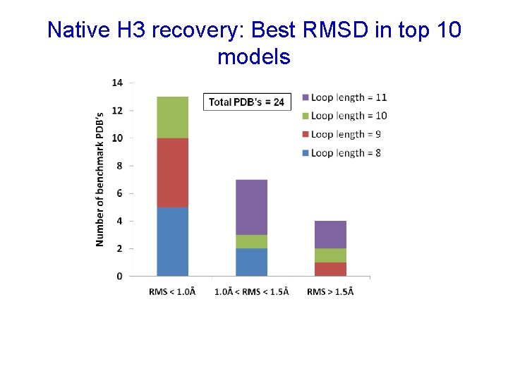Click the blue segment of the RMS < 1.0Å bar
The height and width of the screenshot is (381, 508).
pos(172,241)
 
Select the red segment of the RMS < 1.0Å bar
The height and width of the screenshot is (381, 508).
pos(172,172)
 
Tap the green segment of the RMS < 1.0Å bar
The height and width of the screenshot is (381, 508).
pos(172,117)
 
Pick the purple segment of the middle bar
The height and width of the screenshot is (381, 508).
pos(251,207)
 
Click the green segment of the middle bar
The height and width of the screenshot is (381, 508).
pos(251,241)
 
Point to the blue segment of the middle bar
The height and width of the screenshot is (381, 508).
pos(251,262)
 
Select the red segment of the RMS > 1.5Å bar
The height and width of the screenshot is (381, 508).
pos(330,269)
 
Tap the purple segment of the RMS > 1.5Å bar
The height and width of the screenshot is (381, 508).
pos(330,234)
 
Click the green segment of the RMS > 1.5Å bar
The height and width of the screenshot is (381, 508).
pos(330,255)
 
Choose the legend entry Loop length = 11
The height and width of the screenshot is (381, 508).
pos(344,97)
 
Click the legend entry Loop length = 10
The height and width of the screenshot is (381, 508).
pos(344,116)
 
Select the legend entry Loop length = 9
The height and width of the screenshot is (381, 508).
pos(341,134)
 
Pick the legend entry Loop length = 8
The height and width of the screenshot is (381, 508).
pos(341,152)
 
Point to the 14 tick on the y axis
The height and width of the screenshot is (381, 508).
pos(117,83)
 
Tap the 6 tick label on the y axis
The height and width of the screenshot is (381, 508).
pos(119,193)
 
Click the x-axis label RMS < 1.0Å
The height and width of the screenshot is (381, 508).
pos(172,292)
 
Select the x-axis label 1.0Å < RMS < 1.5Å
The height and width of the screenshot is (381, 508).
pos(251,292)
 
